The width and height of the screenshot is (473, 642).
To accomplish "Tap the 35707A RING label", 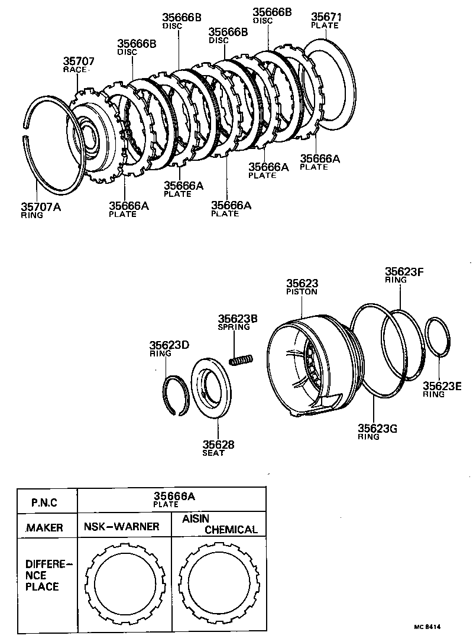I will (x=41, y=210).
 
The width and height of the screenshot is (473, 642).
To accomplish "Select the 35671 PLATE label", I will (x=326, y=21).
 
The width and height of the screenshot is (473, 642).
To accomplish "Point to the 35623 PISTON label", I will (x=302, y=287).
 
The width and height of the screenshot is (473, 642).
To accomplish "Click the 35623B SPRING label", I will (x=237, y=322).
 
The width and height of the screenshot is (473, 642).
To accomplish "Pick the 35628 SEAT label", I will (x=214, y=448).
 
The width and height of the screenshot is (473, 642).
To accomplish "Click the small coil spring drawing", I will (x=241, y=359).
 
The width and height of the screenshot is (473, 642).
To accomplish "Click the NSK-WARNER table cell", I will (x=121, y=526).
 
